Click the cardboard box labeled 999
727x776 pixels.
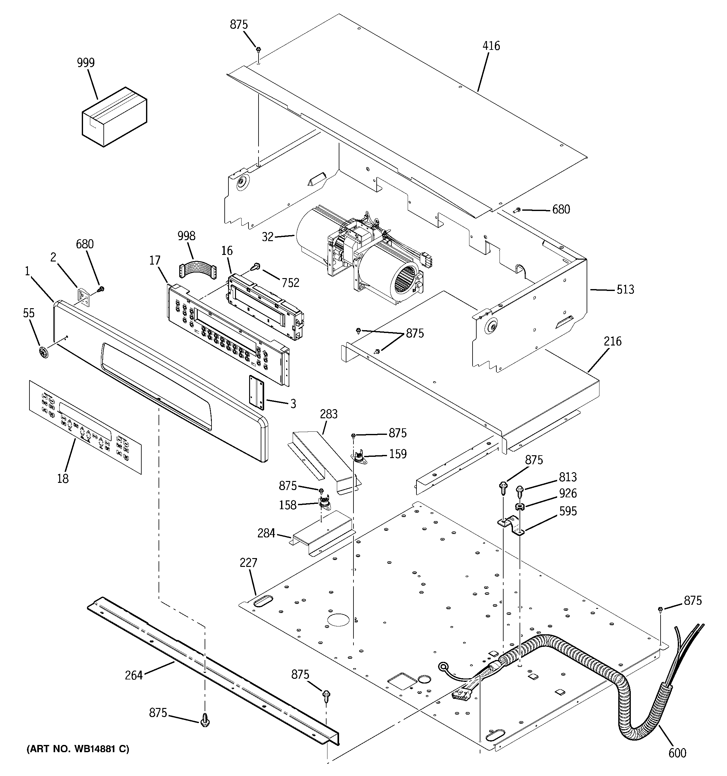tap(114, 117)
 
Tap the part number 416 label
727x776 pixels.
tap(491, 46)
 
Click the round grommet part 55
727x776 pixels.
tap(44, 352)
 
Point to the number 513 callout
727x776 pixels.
tap(625, 290)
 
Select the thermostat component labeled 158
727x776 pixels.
tap(323, 504)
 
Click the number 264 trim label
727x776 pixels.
tap(133, 675)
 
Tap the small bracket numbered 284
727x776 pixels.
tap(322, 534)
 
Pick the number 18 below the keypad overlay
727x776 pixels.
tap(63, 478)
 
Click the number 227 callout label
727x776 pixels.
tap(248, 562)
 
